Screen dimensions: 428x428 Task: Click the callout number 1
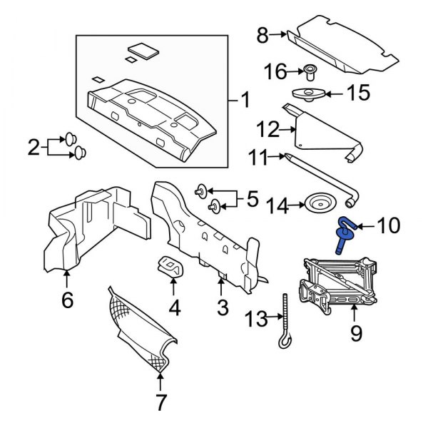point(244,100)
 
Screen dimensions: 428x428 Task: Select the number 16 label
point(275,71)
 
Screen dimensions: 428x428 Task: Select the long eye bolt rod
point(285,321)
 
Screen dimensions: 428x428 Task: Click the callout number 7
point(160,402)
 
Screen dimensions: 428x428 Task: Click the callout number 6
point(67,300)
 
